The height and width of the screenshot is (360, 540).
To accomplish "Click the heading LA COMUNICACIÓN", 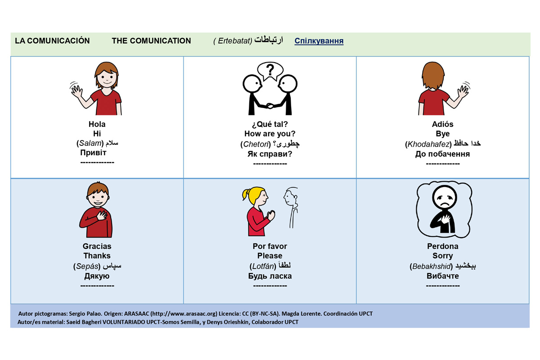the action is [x=52, y=40].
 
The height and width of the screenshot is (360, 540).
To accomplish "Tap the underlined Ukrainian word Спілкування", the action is [x=319, y=41].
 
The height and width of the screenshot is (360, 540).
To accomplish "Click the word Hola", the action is [x=97, y=124].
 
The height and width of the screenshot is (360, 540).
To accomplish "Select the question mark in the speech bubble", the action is [x=270, y=70].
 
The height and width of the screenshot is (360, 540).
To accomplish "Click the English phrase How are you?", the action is [x=270, y=134].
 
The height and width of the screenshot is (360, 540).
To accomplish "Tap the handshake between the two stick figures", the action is [x=270, y=106].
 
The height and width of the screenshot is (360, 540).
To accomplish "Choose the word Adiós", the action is [x=443, y=124].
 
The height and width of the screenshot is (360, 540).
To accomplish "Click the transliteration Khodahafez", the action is [x=428, y=144].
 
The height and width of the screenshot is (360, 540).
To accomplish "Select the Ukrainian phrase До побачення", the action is [x=443, y=154].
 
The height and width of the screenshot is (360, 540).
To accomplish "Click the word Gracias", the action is [x=97, y=246].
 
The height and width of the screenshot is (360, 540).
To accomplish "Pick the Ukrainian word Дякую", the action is [x=97, y=276].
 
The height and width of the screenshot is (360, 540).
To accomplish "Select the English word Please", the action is [x=270, y=256].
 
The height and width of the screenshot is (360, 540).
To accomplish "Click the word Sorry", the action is [x=443, y=256].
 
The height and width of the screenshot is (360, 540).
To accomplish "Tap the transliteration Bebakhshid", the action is [x=431, y=266].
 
